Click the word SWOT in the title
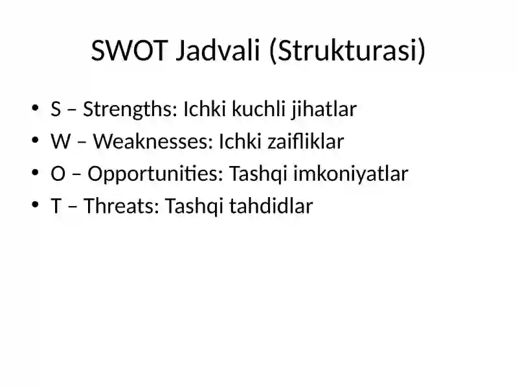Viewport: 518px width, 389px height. pos(128,52)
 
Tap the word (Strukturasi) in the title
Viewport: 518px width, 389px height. pos(346,52)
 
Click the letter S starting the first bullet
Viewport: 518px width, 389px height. pos(55,110)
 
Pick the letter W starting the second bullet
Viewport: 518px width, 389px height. pos(58,142)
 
